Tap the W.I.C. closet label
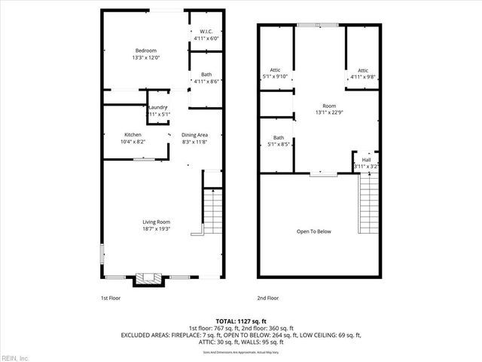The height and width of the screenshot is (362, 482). tap(205, 32)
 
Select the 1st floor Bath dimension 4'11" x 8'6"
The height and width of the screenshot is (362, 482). tap(205, 81)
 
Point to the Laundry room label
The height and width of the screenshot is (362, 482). tap(157, 108)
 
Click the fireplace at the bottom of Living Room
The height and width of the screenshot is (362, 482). tap(148, 279)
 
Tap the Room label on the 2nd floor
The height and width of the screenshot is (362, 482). tap(328, 106)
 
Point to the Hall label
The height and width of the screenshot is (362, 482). tap(366, 161)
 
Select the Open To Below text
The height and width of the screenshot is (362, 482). tap(314, 232)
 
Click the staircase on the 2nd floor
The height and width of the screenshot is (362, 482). tap(368, 203)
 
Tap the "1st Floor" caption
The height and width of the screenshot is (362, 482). tap(111, 299)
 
